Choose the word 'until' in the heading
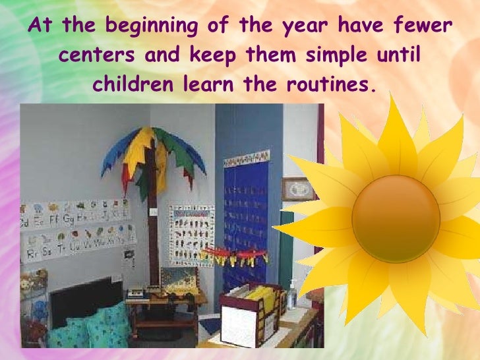tap(396, 55)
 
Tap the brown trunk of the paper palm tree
tap(154, 211)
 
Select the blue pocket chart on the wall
tap(247, 211)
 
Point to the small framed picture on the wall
tap(299, 189)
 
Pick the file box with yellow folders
tap(250, 310)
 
